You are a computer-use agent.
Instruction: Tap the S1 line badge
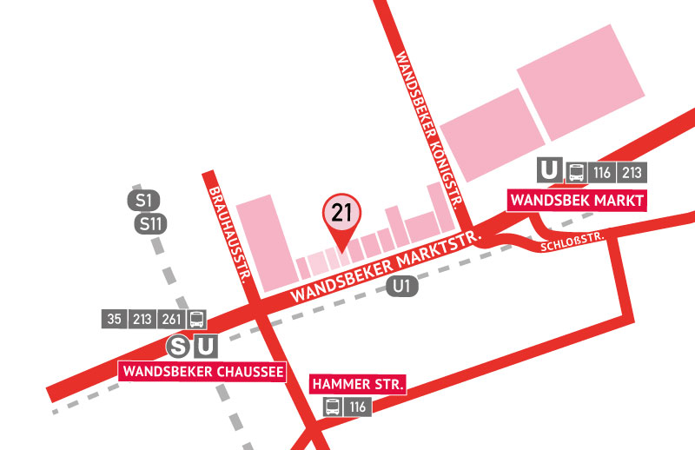(x=144, y=202)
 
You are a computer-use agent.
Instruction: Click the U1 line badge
(x=400, y=286)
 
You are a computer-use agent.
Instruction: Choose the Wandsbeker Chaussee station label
(x=202, y=372)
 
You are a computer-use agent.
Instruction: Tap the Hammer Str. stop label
(x=358, y=384)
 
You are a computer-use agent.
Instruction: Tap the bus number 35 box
(x=115, y=319)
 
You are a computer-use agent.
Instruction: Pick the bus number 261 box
(x=171, y=319)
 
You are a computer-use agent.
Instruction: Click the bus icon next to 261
(x=196, y=319)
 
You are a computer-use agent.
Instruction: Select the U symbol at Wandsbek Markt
(x=548, y=170)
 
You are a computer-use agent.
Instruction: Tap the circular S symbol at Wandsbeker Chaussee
(x=179, y=347)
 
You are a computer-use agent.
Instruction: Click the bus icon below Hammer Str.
(x=333, y=406)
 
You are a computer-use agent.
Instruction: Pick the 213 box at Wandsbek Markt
(x=632, y=171)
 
